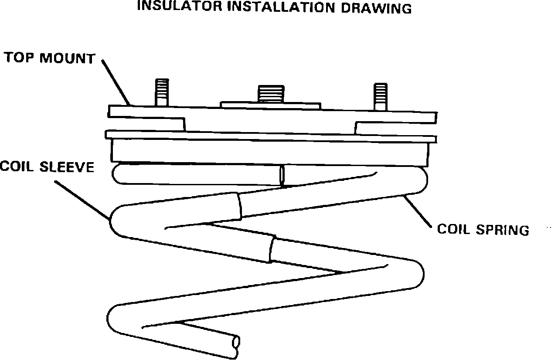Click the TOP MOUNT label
[x=49, y=58]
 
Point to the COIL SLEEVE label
[x=47, y=166]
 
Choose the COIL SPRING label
[x=483, y=229]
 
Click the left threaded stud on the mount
[x=162, y=92]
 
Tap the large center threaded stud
[x=271, y=93]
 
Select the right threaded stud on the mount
[x=380, y=95]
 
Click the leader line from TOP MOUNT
[x=117, y=82]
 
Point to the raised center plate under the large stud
[x=270, y=105]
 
